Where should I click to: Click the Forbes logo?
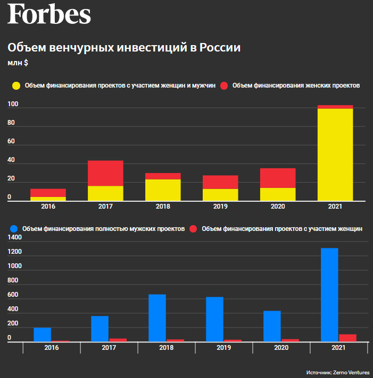click(x=49, y=14)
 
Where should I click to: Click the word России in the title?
click(x=220, y=48)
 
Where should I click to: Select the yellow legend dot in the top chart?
click(x=16, y=85)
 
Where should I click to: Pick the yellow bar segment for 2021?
click(x=335, y=154)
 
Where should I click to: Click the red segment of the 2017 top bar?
click(x=105, y=173)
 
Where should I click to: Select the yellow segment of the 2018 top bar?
click(x=163, y=190)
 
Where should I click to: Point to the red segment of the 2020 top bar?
click(x=278, y=178)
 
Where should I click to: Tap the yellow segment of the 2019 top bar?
click(x=220, y=195)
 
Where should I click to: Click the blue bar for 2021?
click(x=329, y=295)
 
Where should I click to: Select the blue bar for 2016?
click(x=42, y=334)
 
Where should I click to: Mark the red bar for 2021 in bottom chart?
click(x=347, y=338)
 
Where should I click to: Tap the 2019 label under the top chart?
click(x=220, y=206)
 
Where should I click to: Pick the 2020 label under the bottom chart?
click(x=281, y=347)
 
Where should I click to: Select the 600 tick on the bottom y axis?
click(x=13, y=295)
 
